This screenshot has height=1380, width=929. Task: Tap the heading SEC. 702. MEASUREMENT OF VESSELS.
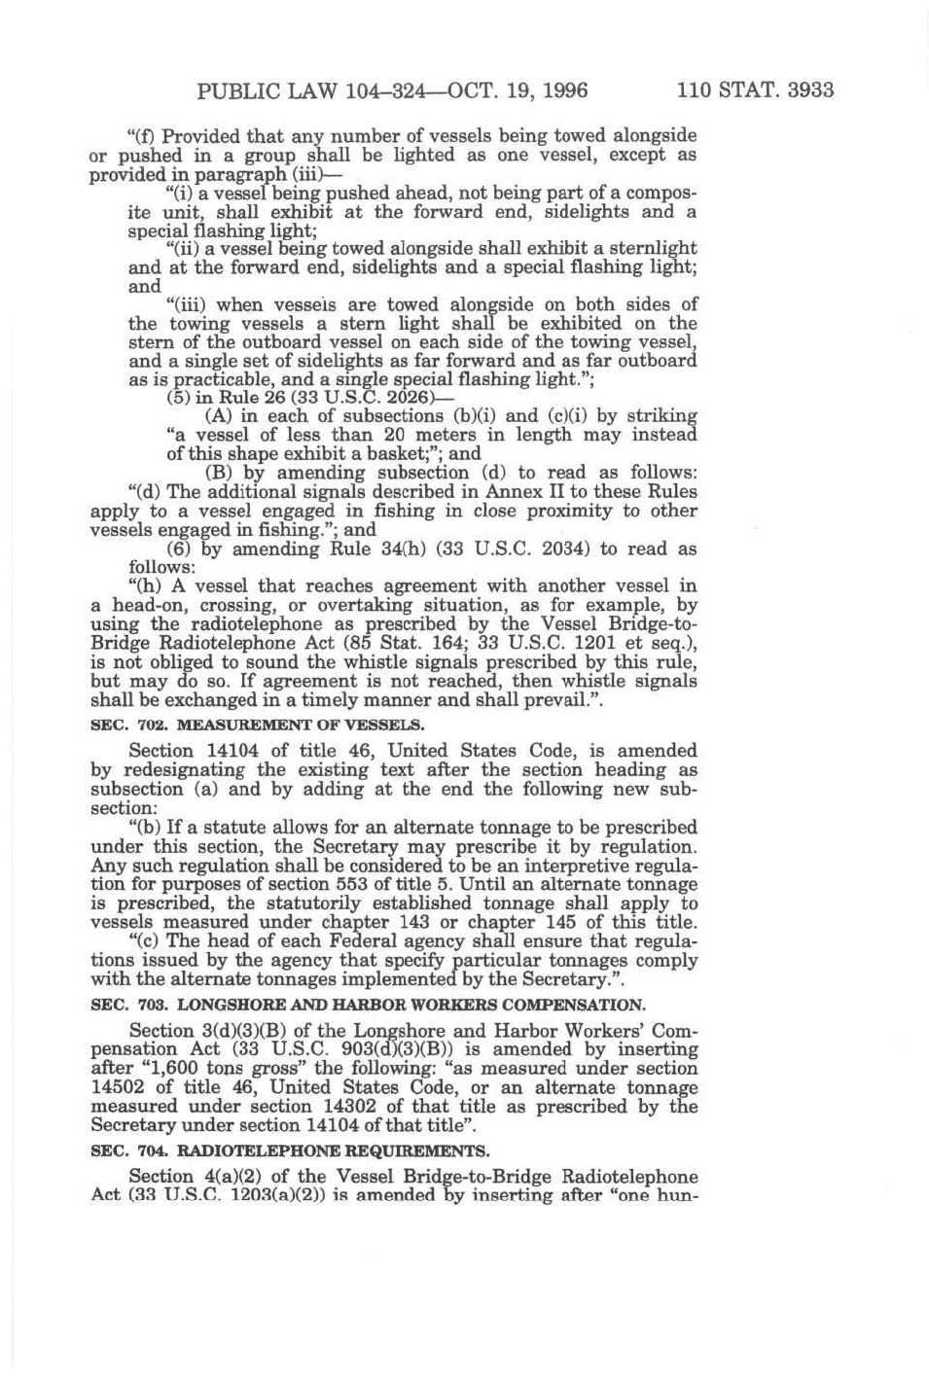pyautogui.click(x=257, y=725)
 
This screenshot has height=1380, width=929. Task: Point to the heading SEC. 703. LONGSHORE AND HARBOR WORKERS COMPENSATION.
pyautogui.click(x=367, y=1005)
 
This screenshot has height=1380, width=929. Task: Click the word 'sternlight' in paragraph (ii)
pyautogui.click(x=649, y=248)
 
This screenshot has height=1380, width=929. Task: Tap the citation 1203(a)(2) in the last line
pyautogui.click(x=268, y=1194)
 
